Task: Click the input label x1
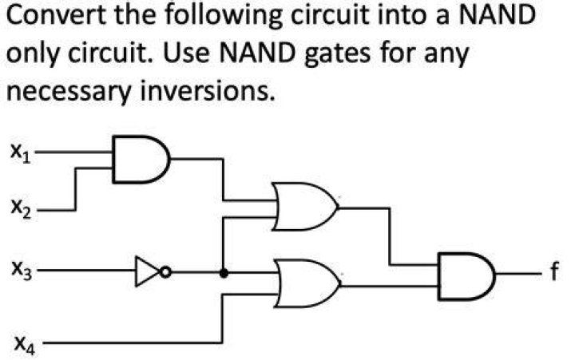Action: tap(20, 153)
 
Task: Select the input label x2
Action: tap(21, 210)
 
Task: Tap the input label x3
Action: tap(22, 271)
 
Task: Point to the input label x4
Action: tap(25, 345)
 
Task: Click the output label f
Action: tap(554, 271)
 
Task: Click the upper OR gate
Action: tap(305, 207)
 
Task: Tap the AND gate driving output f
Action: tap(466, 276)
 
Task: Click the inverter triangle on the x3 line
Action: tap(148, 271)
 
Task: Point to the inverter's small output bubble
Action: tap(165, 272)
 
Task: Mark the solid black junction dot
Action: tap(224, 273)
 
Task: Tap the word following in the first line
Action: tap(223, 18)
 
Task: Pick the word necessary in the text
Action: tap(69, 92)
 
